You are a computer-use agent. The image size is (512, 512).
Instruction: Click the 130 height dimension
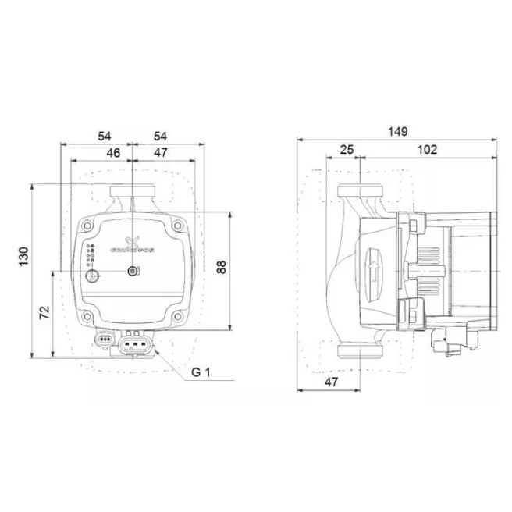point(23,255)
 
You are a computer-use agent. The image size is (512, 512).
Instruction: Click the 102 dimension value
point(427,150)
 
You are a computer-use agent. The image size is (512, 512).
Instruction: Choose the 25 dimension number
point(347,150)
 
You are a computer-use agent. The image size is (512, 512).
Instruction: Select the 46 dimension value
point(113,153)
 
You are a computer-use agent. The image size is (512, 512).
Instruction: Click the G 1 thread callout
point(201,372)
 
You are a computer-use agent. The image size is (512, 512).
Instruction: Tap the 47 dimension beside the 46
point(160,153)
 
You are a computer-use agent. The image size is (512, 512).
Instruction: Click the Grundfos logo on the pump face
point(130,244)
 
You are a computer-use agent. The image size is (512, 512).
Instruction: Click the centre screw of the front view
point(133,271)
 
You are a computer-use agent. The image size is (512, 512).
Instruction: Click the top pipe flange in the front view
point(133,190)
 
